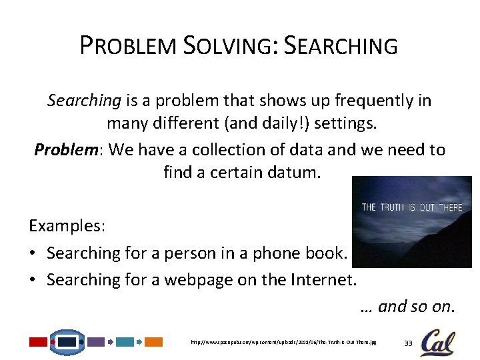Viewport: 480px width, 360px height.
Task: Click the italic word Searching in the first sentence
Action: pos(84,101)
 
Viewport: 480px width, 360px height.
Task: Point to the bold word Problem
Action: pos(66,149)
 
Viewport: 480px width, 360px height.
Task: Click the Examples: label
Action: pos(67,225)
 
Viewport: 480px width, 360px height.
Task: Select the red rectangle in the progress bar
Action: pos(38,342)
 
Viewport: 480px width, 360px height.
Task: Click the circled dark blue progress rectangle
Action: pos(67,342)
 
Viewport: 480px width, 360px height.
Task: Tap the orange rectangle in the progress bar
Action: pos(154,342)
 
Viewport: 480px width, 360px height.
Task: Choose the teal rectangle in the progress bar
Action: pos(125,342)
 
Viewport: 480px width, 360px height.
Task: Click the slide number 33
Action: pos(409,343)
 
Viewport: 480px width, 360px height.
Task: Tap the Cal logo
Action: pos(437,342)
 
